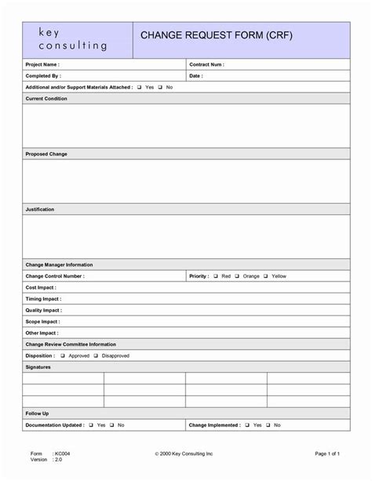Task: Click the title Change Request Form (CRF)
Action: tap(216, 36)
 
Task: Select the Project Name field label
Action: tap(42, 64)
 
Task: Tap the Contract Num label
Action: tap(206, 64)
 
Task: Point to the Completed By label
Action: tap(43, 76)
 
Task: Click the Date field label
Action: tap(196, 76)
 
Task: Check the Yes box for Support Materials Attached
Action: tap(139, 87)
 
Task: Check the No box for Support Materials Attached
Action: tap(159, 87)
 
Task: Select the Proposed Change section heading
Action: tap(46, 154)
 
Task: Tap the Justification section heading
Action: tap(40, 210)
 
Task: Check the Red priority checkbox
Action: tap(215, 276)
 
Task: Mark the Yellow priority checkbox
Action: tap(265, 276)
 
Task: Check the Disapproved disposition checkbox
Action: tap(96, 355)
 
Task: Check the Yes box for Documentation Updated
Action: tap(91, 425)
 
